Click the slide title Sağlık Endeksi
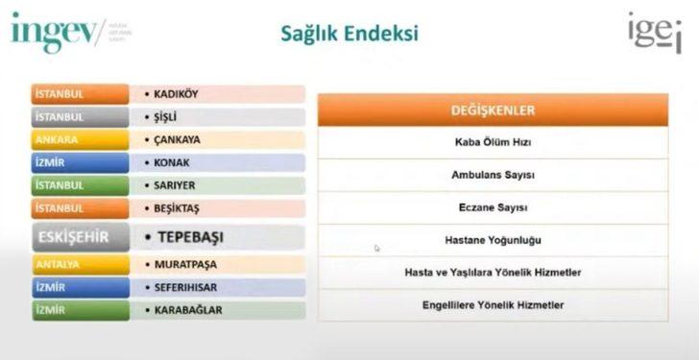pyautogui.click(x=349, y=36)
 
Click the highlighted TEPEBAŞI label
pyautogui.click(x=182, y=236)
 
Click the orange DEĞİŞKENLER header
pyautogui.click(x=493, y=110)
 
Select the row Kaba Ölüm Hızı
pyautogui.click(x=493, y=143)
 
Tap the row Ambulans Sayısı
pyautogui.click(x=493, y=176)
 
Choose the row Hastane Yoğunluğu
pyautogui.click(x=493, y=240)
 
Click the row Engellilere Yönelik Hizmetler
pyautogui.click(x=493, y=304)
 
